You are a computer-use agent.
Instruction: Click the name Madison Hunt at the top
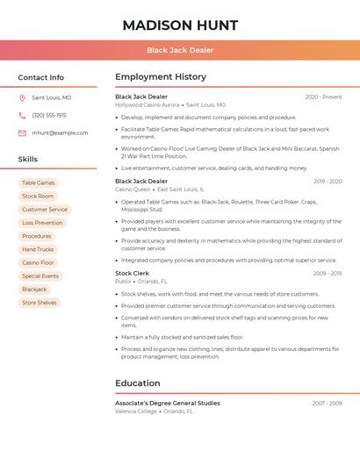180,25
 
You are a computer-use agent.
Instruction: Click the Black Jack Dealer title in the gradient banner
180,50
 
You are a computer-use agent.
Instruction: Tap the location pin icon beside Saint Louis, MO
22,98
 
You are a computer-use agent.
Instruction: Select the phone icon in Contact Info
22,116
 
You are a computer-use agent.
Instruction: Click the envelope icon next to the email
22,133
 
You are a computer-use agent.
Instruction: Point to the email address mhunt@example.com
60,133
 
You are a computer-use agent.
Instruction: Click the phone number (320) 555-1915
49,116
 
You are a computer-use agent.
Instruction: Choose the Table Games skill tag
39,183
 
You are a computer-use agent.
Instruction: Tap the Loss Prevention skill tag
42,223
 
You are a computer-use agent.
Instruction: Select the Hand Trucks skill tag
38,249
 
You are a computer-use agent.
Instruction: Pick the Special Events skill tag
40,276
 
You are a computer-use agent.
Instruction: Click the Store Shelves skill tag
40,303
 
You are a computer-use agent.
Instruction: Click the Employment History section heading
161,77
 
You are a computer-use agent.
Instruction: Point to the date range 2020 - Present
323,97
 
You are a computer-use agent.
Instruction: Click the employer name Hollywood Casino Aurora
147,105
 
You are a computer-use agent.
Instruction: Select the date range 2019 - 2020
327,182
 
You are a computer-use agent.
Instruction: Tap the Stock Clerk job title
132,274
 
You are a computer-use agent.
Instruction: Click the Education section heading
138,383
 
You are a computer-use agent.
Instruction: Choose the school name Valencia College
136,411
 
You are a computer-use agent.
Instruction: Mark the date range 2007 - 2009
327,404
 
